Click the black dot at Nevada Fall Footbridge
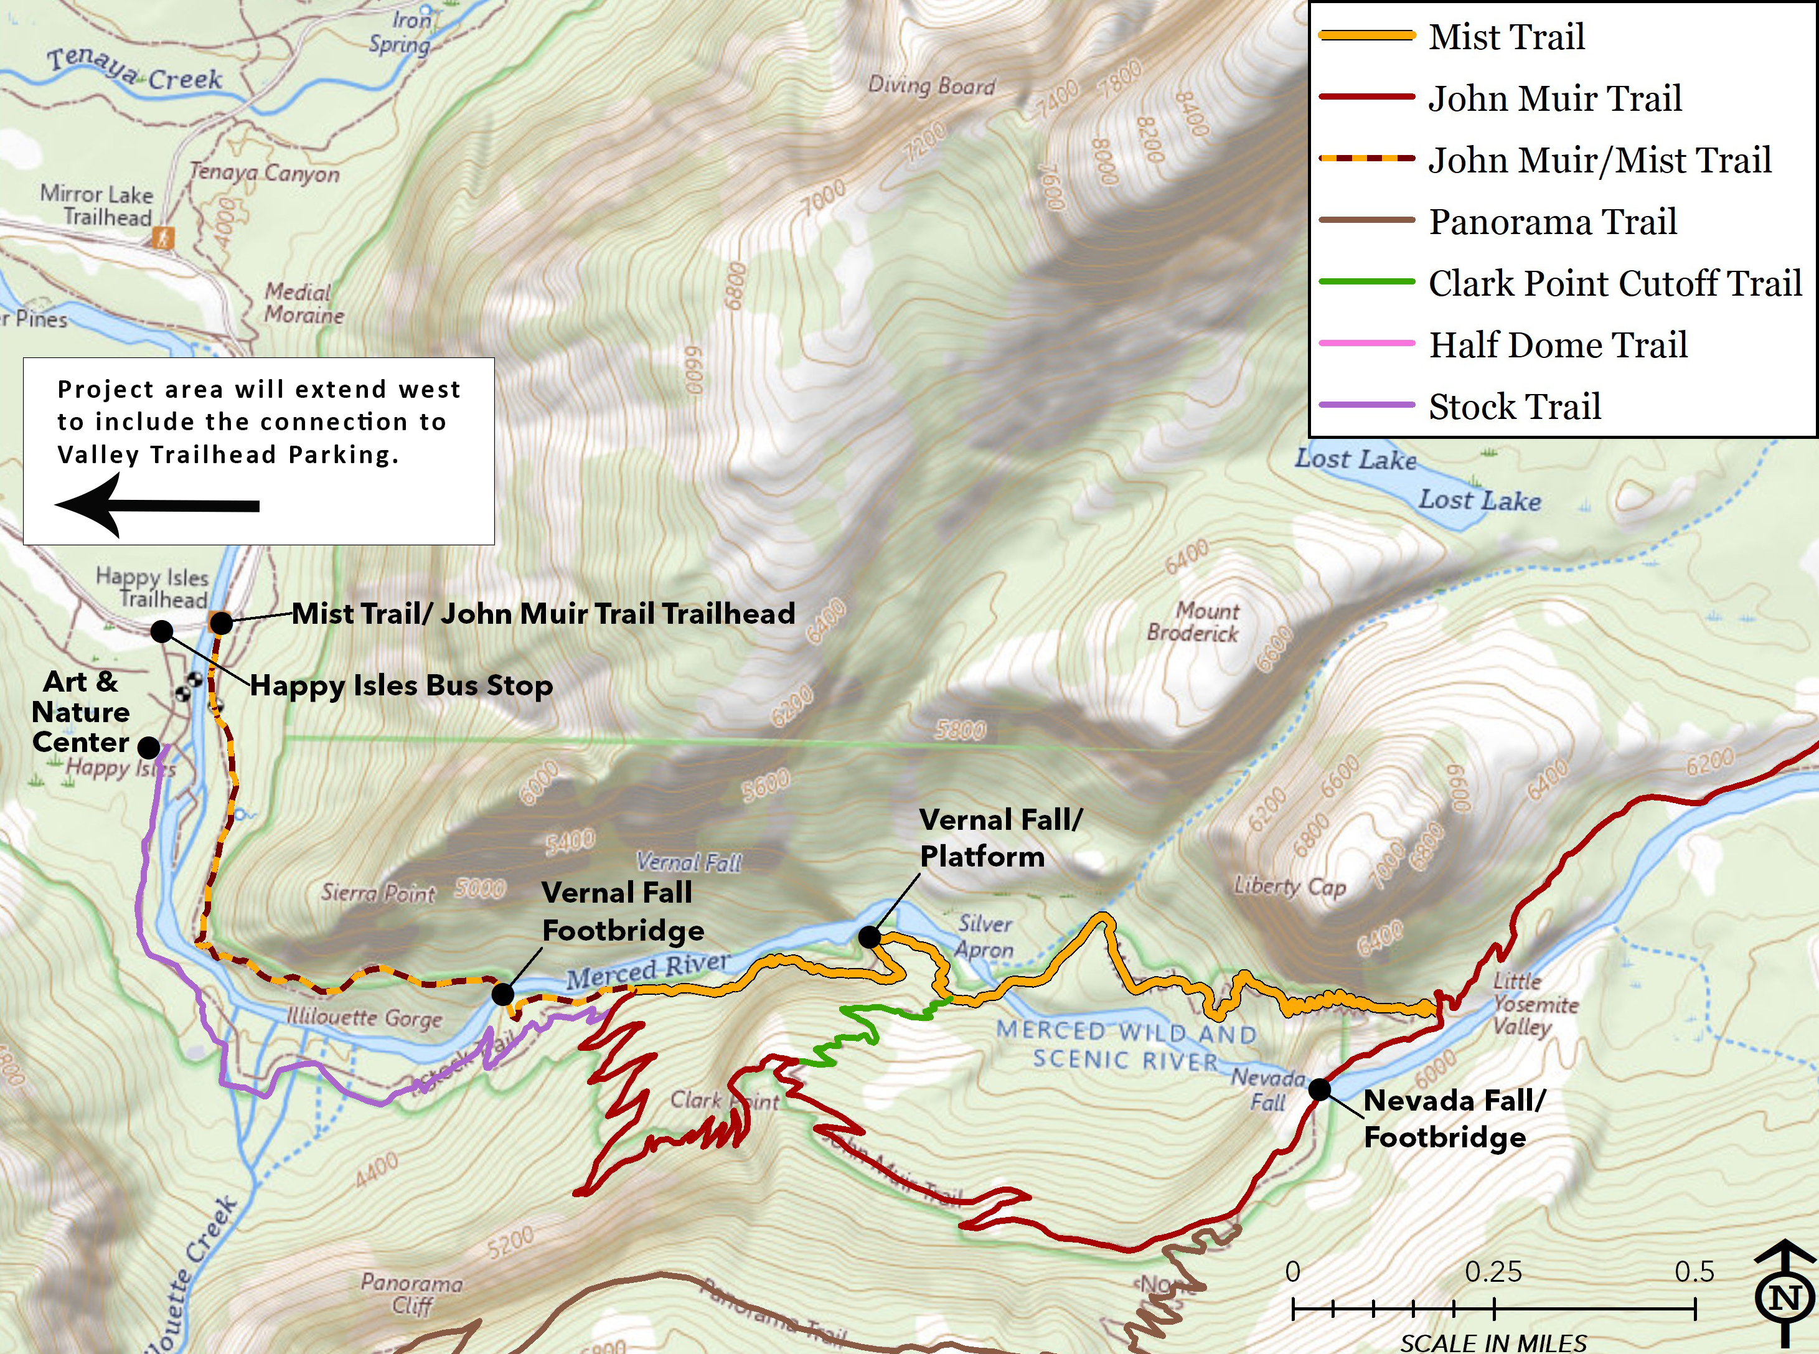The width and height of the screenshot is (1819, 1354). [1319, 1089]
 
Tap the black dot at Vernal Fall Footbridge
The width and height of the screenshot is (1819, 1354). [502, 994]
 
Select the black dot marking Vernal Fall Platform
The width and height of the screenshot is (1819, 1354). [870, 937]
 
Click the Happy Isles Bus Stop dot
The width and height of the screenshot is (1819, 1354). [162, 631]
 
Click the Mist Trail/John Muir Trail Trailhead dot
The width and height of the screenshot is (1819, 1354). [221, 624]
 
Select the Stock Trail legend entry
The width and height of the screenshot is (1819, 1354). [1514, 407]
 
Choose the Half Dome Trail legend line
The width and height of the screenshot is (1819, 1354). [1366, 344]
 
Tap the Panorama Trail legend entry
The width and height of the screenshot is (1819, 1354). [1552, 221]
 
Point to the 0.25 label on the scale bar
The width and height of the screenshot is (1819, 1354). [1493, 1271]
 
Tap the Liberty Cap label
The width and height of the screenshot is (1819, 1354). [1290, 886]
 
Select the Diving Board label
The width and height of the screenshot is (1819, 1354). [932, 85]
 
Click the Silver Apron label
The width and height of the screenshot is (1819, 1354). [985, 936]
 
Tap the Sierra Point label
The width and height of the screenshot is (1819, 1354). [378, 893]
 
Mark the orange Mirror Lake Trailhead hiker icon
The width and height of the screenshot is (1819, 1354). [164, 238]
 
